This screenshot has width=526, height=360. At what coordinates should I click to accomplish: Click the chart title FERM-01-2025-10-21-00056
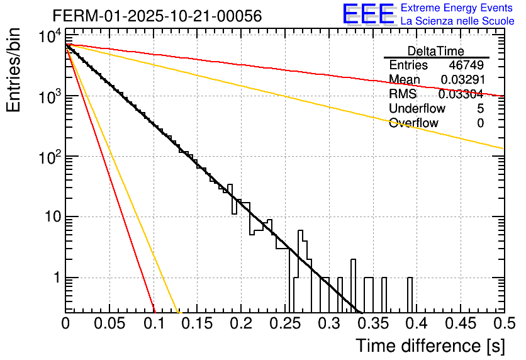(148, 14)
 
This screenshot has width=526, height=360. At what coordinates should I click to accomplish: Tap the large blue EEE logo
(368, 15)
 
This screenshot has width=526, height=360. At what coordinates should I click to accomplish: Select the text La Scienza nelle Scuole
(457, 21)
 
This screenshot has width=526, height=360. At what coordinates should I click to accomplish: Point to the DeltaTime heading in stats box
(436, 51)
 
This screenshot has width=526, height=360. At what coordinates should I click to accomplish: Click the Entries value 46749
(466, 65)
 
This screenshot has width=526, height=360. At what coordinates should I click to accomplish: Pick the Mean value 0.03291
(462, 80)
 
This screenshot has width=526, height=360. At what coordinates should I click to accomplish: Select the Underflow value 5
(480, 109)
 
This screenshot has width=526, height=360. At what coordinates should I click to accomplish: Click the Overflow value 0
(480, 123)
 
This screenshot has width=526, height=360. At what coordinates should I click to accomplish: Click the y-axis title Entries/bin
(15, 69)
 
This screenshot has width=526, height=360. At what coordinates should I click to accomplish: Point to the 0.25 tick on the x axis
(284, 323)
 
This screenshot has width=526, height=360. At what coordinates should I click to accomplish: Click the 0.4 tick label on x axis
(416, 323)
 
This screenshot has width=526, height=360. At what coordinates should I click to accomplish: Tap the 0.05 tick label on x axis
(109, 323)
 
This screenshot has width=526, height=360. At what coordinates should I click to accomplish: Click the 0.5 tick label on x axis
(503, 323)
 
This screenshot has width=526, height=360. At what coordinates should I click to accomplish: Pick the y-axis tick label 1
(55, 278)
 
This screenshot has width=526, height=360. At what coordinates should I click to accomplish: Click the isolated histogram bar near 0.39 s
(410, 294)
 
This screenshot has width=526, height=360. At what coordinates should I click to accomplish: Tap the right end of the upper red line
(502, 96)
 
